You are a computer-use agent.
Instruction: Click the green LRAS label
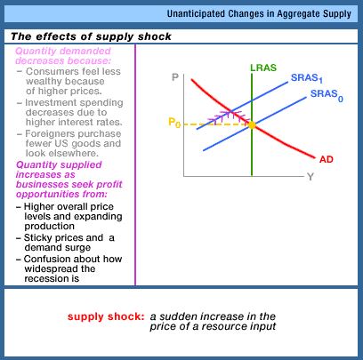point(263,68)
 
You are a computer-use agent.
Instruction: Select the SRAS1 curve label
point(307,78)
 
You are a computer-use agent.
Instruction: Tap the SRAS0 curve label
point(327,95)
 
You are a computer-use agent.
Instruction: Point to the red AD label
point(327,159)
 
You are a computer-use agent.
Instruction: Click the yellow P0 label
point(174,122)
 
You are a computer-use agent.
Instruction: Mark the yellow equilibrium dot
point(252,125)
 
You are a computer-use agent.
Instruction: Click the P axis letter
point(175,77)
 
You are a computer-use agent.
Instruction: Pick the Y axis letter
point(311,177)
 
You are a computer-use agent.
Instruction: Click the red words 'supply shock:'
point(106,316)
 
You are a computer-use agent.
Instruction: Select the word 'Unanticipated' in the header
point(196,13)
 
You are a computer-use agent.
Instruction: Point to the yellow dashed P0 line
point(215,124)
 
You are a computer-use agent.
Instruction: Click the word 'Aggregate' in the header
point(296,14)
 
